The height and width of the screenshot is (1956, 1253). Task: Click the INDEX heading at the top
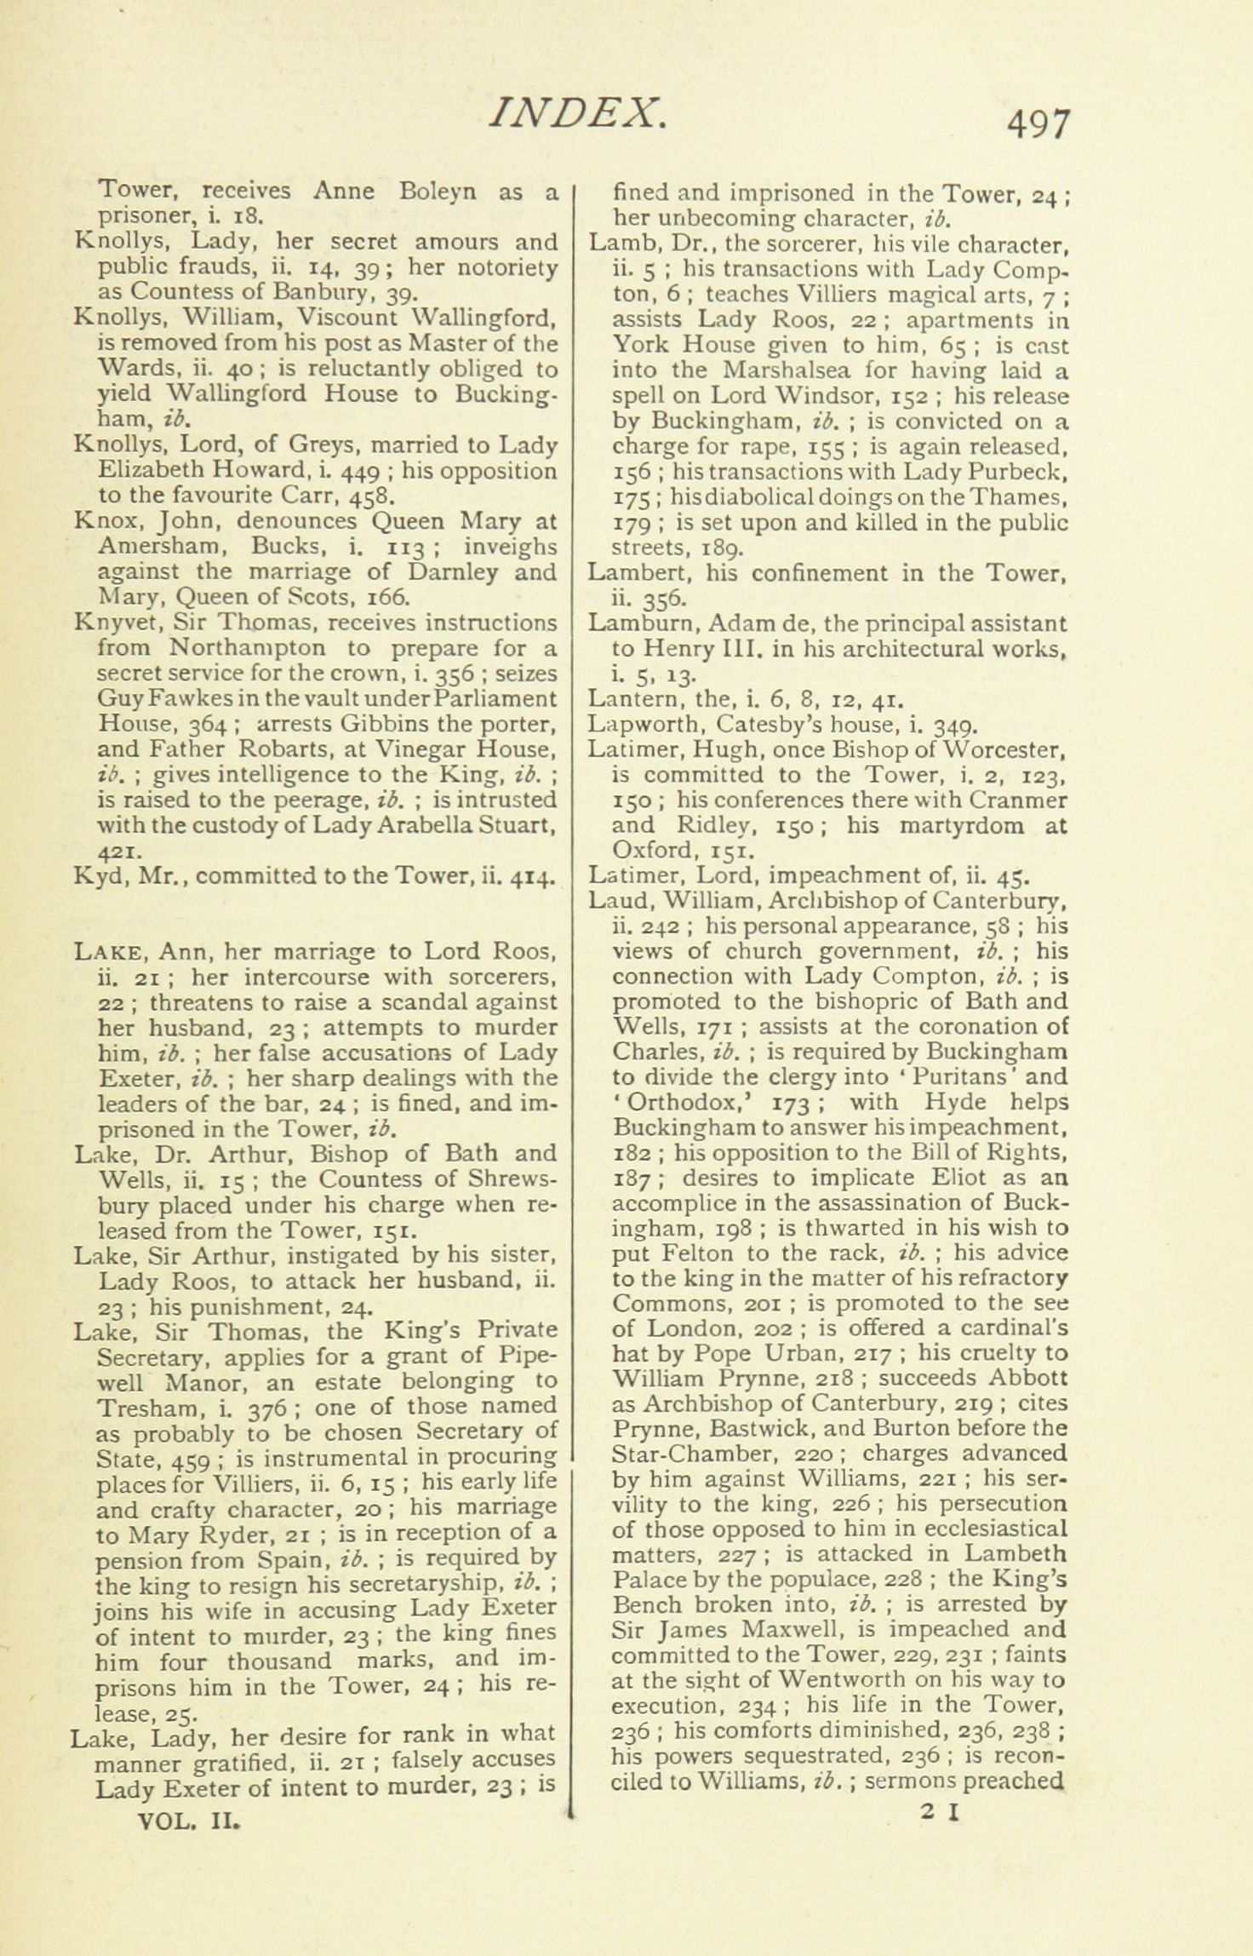(x=575, y=113)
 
